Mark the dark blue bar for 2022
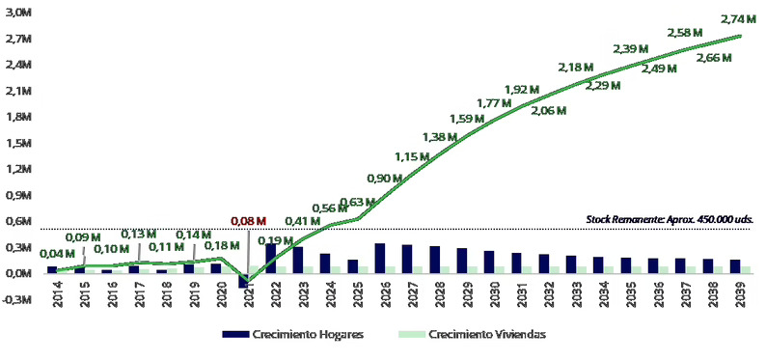point(270,258)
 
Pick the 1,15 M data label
point(413,156)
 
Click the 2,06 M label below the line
point(548,112)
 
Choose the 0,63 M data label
point(358,202)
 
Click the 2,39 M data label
point(631,49)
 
